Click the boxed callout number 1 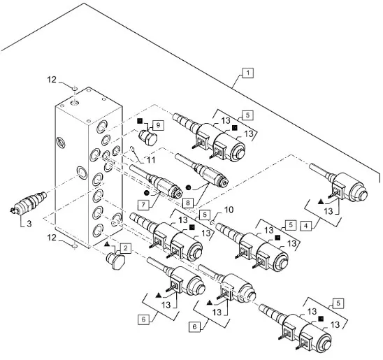pos(248,73)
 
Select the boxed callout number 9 pos(158,125)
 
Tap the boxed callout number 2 pos(126,248)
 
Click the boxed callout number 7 pos(143,205)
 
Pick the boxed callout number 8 pos(187,203)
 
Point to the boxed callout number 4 pos(306,226)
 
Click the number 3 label pos(29,224)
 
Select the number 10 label pos(229,210)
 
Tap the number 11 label pos(151,160)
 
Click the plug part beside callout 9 pos(147,138)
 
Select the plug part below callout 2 pos(116,261)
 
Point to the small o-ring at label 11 pos(132,148)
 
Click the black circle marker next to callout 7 pos(147,193)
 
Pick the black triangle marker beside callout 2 pos(107,244)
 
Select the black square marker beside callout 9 pos(140,120)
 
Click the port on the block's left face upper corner pos(61,143)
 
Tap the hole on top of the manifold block pos(74,103)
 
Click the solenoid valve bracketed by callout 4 pos(338,182)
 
